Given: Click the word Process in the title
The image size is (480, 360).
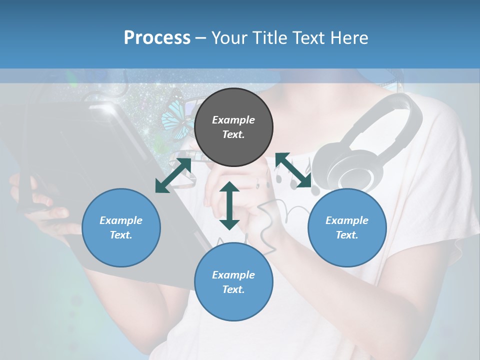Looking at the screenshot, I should (x=157, y=38).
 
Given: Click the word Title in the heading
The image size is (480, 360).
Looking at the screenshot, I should (x=270, y=38).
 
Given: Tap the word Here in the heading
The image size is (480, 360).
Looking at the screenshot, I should (x=348, y=38).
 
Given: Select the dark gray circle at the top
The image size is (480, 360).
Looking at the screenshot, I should (x=233, y=127).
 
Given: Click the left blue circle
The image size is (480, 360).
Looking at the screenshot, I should (x=121, y=227).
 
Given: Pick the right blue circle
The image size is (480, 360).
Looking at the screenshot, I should (x=347, y=227).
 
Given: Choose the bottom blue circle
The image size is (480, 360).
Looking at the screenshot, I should (x=233, y=282).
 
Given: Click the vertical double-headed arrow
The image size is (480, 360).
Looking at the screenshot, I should (x=229, y=205).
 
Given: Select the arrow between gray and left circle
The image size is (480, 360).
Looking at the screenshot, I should (x=173, y=175).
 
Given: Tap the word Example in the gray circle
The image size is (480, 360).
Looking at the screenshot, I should (x=233, y=120).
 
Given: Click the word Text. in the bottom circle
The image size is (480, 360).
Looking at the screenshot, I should (x=233, y=289).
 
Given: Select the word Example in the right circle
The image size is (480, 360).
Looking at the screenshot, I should (x=347, y=220).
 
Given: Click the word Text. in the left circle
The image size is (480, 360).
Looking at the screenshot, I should (x=121, y=235).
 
